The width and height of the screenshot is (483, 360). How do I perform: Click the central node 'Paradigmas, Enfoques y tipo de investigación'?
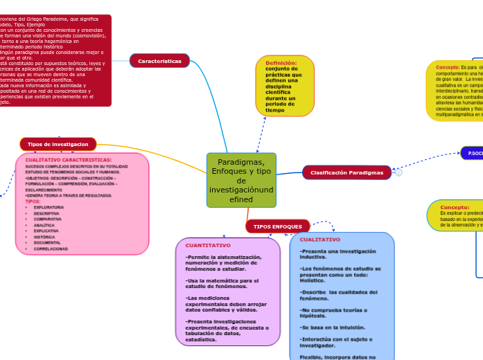point(241,180)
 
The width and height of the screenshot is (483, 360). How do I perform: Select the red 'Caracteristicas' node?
point(159,61)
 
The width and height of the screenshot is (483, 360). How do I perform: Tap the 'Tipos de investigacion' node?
point(58,144)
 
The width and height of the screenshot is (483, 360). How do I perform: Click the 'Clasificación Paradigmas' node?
point(346,172)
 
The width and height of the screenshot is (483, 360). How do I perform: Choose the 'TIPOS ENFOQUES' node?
point(277,226)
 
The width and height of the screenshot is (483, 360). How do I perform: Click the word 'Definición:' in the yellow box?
point(281,63)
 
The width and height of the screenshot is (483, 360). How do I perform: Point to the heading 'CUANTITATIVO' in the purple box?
point(208,245)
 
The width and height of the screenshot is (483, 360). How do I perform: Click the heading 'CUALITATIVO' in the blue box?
point(320,240)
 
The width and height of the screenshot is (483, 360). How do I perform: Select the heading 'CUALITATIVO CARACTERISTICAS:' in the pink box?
point(68,160)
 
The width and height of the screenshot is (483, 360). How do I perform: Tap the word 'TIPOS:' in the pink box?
point(33,201)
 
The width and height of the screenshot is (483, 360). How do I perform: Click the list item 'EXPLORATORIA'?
point(49,207)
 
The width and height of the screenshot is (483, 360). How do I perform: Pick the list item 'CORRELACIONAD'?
point(51,249)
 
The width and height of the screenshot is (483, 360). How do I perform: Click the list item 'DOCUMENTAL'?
point(47,243)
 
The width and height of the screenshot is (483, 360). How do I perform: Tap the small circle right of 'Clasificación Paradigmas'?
point(398,173)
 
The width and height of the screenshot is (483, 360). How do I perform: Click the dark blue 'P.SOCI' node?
point(473,153)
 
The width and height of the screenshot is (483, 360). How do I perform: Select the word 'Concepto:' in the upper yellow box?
point(452,67)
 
